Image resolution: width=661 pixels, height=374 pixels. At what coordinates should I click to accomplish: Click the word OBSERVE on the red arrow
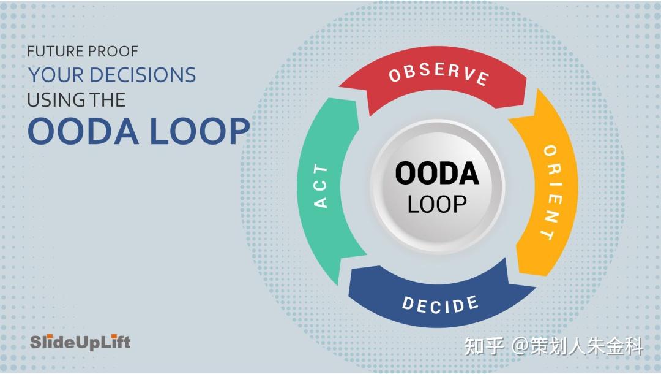(x=438, y=74)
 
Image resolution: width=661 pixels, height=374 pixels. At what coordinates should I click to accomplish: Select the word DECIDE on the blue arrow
(x=440, y=303)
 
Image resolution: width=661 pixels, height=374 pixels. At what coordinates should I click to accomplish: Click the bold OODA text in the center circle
(x=436, y=174)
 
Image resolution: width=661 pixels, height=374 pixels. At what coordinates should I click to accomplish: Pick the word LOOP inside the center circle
(x=436, y=204)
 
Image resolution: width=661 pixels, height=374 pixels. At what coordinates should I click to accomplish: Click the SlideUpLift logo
(x=80, y=342)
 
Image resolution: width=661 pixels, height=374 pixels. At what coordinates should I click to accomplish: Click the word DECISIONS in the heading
(x=143, y=75)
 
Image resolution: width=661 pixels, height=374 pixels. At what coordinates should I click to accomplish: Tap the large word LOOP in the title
(x=196, y=131)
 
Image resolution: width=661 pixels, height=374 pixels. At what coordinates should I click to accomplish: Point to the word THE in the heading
(x=108, y=99)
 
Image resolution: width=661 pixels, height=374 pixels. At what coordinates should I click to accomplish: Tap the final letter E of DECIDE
(x=472, y=301)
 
